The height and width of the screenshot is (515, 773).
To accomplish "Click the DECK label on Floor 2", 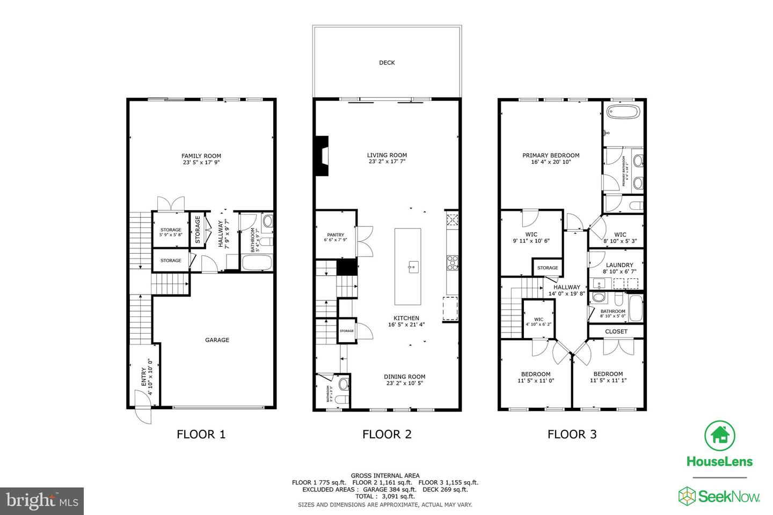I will [386, 63].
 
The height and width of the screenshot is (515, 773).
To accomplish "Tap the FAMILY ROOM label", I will [201, 156].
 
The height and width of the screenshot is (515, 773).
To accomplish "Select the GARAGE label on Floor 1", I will [217, 340].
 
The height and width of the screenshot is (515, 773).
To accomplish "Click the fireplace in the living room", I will [322, 156].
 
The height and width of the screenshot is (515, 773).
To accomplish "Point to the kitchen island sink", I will [413, 266].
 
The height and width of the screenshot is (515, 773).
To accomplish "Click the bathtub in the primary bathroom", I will [623, 113].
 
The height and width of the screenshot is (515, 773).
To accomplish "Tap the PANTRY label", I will [336, 235].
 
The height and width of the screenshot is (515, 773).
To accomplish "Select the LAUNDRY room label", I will [619, 265].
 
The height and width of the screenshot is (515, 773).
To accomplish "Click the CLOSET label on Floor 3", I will [616, 332].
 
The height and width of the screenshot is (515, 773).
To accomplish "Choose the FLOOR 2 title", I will [386, 434].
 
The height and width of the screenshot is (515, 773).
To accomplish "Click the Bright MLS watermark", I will [42, 501].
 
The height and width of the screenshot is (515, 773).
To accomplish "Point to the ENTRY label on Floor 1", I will [143, 377].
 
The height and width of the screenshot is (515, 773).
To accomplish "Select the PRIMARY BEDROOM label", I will [551, 156].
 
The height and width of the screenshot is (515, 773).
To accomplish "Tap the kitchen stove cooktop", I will [452, 262].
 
